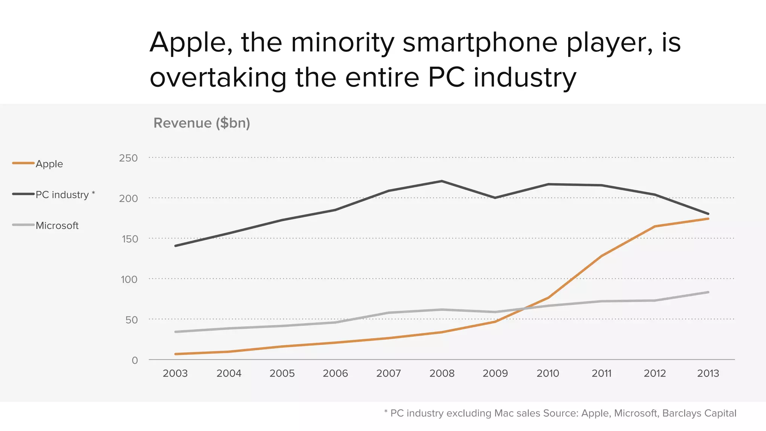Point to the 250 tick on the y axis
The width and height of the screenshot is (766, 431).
coord(128,158)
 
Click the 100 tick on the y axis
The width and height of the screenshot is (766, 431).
coord(129,279)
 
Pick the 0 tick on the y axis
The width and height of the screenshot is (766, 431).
coord(135,360)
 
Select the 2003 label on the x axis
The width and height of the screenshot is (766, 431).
coord(175,373)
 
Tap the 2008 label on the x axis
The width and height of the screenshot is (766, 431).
coord(442,373)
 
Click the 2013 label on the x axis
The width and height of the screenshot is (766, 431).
coord(708,373)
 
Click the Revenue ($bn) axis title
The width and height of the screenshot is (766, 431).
coord(202,123)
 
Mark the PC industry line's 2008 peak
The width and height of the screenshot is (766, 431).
coord(442,181)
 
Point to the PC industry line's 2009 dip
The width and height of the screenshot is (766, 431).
coord(495,198)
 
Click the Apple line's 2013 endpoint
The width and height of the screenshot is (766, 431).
coord(708,218)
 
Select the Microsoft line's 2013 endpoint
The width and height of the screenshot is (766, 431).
coord(708,292)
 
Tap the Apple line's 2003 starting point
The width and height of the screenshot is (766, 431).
coord(175,354)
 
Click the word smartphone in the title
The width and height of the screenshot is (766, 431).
coord(480,43)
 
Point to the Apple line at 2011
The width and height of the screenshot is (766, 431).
coord(601,256)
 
